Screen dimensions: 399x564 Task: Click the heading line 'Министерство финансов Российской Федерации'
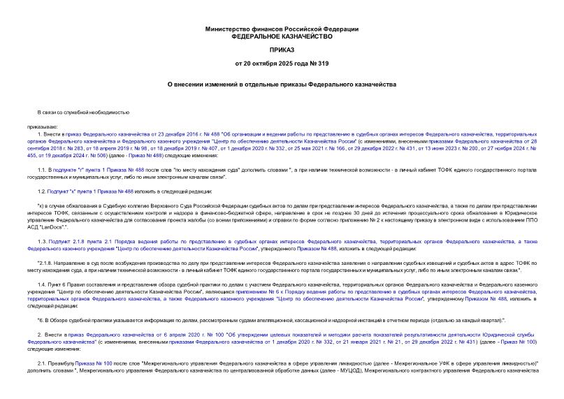[282, 29]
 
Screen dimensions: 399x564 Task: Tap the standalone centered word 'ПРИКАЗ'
[282, 51]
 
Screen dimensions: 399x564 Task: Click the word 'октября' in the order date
[265, 64]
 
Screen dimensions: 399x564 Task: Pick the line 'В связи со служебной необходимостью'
[84, 113]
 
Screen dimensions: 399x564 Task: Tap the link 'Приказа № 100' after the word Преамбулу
[89, 363]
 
